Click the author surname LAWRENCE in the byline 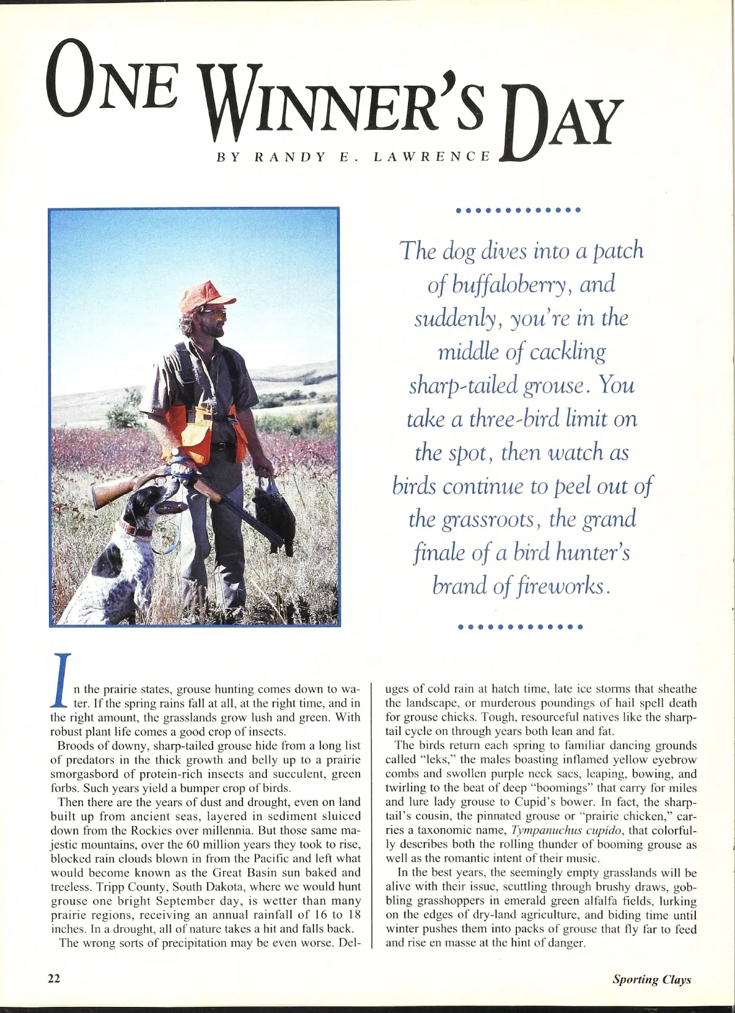[431, 156]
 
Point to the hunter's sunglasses [214, 314]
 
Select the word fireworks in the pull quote [554, 587]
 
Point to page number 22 [55, 978]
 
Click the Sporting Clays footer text [652, 979]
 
